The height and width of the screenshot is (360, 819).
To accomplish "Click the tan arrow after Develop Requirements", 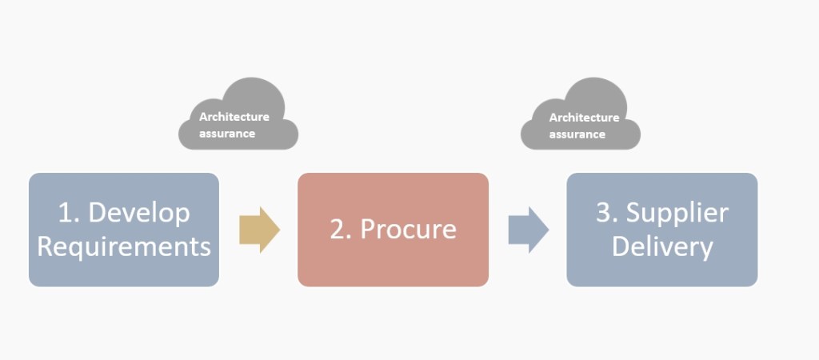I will [259, 230].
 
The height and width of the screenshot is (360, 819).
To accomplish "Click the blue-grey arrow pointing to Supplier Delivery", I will [528, 230].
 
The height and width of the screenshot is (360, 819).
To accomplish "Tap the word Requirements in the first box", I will [124, 246].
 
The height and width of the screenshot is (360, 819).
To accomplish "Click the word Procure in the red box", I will [408, 230].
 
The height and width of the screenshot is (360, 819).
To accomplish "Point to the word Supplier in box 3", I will [677, 213].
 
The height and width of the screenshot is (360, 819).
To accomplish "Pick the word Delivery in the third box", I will [662, 246].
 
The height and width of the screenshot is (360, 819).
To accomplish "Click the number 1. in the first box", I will [69, 213].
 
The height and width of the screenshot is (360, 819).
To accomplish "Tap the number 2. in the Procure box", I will [342, 230].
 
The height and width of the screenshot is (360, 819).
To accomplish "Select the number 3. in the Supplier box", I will [608, 213].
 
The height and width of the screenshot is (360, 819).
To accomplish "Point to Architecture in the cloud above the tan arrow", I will [234, 117].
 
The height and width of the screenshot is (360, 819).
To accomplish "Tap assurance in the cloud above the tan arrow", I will [227, 134].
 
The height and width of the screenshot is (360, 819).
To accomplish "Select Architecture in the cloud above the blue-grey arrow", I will [584, 118].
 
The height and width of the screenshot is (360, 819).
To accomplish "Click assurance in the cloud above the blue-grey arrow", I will [577, 134].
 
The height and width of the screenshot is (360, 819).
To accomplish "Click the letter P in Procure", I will [369, 230].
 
